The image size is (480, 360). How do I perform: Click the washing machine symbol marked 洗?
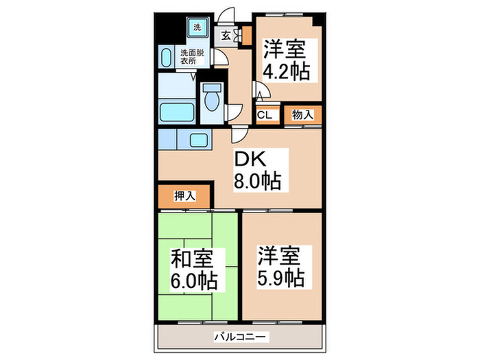(197, 28)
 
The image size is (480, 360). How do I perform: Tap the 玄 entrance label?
(226, 36)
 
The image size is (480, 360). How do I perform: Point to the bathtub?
(178, 110)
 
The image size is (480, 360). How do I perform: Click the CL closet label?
(265, 115)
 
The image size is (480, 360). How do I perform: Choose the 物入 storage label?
(303, 115)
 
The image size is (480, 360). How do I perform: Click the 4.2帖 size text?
(286, 71)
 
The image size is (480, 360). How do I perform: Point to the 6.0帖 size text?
(195, 280)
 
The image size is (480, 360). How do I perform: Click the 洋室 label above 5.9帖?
(278, 256)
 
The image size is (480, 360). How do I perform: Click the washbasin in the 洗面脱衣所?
(167, 56)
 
